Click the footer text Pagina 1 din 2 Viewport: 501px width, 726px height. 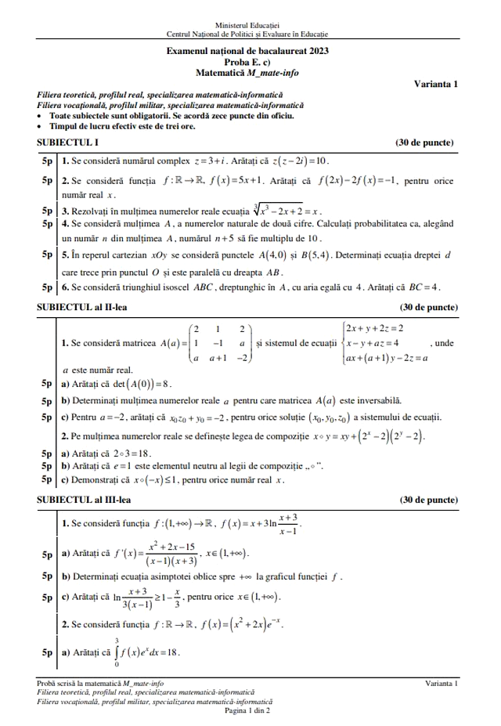pos(247,710)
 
